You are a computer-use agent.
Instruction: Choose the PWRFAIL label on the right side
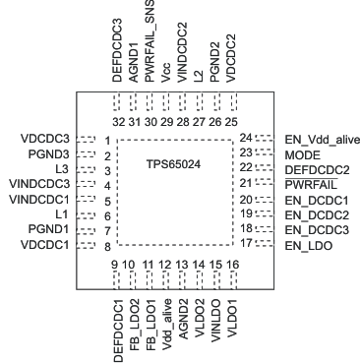click(x=308, y=184)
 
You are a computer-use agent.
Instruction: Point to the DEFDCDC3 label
click(x=116, y=50)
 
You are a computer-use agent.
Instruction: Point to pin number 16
click(x=232, y=265)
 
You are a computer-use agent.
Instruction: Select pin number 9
click(x=115, y=265)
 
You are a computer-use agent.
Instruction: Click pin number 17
click(x=247, y=242)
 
